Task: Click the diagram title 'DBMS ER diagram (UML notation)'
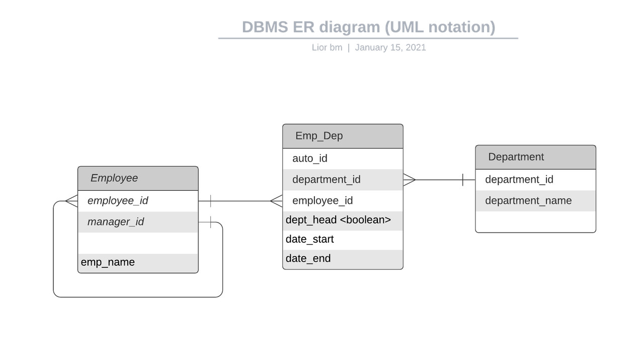(368, 27)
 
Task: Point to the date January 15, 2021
(390, 48)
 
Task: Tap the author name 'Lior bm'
(327, 48)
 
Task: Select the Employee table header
(138, 178)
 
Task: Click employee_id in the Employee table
(118, 201)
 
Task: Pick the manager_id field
(116, 222)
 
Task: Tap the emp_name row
(108, 262)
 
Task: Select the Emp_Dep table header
(343, 136)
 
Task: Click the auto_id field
(309, 159)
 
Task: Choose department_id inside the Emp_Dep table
(326, 180)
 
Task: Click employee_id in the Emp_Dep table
(322, 201)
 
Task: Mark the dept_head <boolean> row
(338, 220)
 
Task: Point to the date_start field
(309, 239)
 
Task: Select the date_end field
(308, 259)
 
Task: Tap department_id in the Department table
(519, 180)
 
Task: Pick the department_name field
(528, 201)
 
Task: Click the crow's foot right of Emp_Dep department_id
(409, 179)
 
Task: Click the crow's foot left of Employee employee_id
(71, 201)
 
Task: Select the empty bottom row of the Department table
(535, 222)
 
